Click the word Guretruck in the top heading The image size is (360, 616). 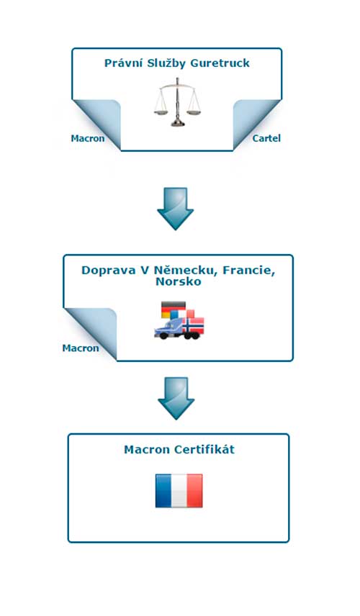click(x=220, y=63)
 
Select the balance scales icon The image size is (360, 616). click(x=177, y=102)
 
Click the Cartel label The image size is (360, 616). click(x=266, y=138)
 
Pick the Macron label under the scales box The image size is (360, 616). click(x=88, y=139)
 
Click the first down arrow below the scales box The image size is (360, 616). click(x=175, y=209)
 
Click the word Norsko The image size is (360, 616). click(x=179, y=281)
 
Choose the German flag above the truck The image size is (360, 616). click(x=174, y=309)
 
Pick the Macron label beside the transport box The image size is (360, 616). click(x=81, y=348)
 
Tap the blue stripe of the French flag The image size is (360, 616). click(x=163, y=491)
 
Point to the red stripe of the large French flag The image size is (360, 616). click(x=194, y=491)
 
